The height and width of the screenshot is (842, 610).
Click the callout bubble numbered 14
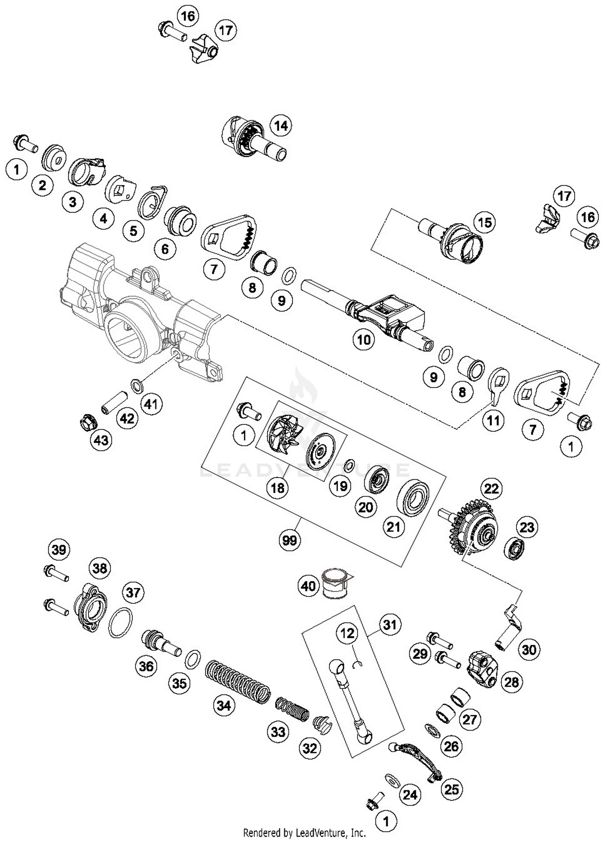pos(281,126)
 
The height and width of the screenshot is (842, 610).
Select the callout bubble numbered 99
pos(290,540)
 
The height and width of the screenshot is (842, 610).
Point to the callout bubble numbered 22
pos(491,488)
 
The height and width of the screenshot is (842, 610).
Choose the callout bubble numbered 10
pos(364,339)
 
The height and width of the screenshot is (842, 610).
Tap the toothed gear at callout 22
pos(474,529)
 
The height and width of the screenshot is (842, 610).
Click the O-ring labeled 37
pos(120,623)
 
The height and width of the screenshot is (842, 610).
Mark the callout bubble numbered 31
pos(390,624)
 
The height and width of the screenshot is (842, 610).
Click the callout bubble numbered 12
pos(347,633)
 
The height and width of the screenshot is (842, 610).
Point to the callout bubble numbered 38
pos(100,568)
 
